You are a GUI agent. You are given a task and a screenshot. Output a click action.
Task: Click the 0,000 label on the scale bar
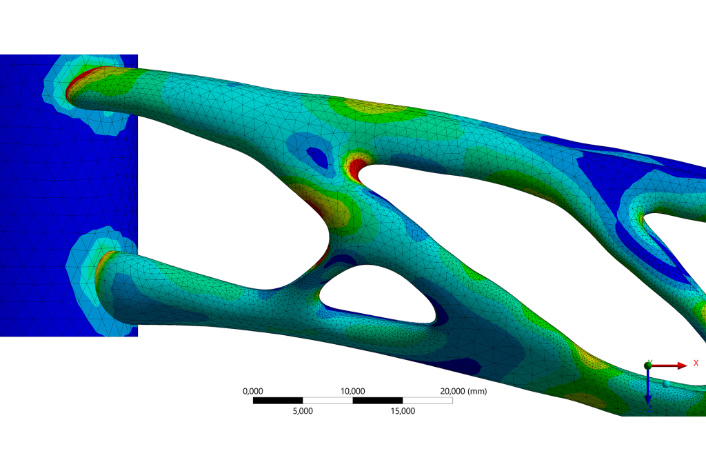coord(254,391)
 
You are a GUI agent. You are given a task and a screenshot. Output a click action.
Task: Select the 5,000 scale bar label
coord(303,411)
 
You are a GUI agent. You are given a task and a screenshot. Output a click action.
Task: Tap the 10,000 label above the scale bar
coord(353,391)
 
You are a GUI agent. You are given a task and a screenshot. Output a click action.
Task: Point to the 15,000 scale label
coord(403,411)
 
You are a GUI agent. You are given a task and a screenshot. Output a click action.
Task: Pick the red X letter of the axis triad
coord(696,363)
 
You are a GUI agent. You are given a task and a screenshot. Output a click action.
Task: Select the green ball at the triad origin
coord(648,365)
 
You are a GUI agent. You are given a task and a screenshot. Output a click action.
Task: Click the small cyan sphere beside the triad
coord(667,383)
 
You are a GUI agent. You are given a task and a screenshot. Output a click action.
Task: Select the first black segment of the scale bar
coord(279,401)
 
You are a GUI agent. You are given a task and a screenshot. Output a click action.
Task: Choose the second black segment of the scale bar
coord(378,401)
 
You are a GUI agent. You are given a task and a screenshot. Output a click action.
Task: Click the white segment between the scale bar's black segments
coord(328,401)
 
